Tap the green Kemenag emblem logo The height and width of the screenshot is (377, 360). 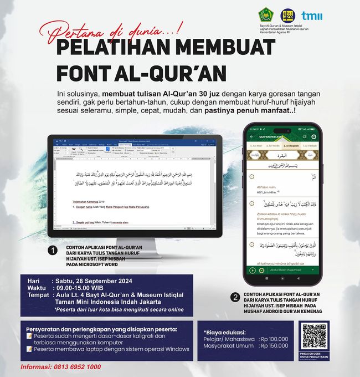coord(265,16)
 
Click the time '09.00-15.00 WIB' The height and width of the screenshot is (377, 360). coord(83,288)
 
